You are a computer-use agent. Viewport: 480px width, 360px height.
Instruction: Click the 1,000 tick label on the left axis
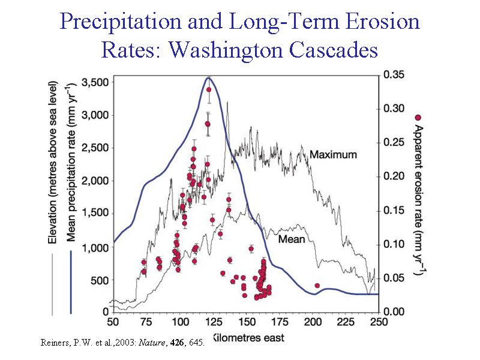tap(94, 247)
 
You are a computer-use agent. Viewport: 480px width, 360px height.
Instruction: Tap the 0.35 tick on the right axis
tap(395, 76)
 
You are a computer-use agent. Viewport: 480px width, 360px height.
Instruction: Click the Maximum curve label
tap(333, 155)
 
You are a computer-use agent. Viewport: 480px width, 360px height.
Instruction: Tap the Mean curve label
tap(292, 239)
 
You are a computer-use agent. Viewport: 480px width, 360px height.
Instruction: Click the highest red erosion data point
tap(209, 90)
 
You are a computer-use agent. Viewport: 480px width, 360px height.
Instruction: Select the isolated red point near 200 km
tap(317, 286)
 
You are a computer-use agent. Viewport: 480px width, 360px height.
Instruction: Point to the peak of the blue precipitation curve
tap(208, 77)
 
